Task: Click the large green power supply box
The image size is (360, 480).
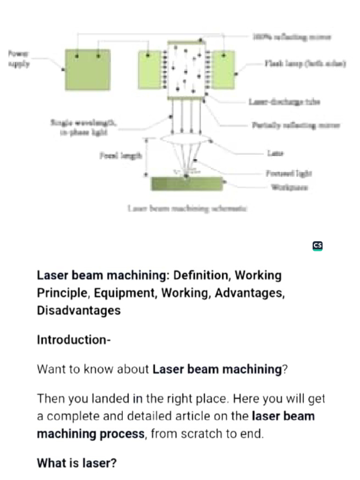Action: [88, 69]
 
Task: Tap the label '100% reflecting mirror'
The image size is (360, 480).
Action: [292, 37]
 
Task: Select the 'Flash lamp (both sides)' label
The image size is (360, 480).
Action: [305, 63]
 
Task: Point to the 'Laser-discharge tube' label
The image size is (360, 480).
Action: [284, 102]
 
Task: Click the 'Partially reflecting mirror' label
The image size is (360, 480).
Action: [296, 125]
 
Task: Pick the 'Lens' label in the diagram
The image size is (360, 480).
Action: [275, 153]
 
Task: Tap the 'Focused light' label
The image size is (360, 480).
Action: [289, 173]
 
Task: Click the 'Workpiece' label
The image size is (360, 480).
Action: [290, 187]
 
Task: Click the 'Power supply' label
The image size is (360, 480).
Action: [19, 59]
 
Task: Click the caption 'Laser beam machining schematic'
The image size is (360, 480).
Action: [187, 208]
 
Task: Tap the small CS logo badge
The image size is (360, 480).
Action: [317, 246]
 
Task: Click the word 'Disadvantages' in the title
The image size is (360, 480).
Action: [79, 310]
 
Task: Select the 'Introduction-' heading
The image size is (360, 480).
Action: [74, 339]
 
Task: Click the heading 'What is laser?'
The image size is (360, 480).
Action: [76, 463]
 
